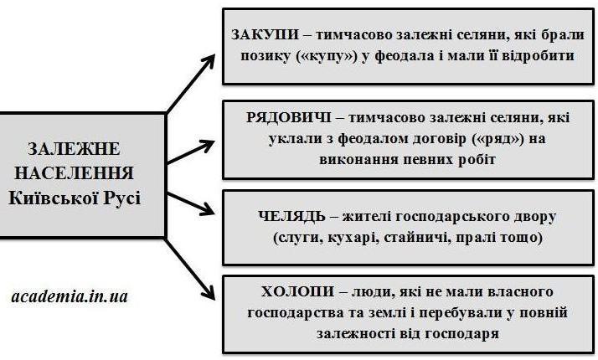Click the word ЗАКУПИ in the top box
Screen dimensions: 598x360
(x=265, y=34)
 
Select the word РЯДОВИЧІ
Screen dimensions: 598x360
(x=289, y=117)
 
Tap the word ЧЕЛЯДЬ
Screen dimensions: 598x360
(x=291, y=216)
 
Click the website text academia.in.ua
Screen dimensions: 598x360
(x=70, y=296)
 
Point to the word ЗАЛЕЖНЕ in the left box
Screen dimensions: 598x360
(x=74, y=149)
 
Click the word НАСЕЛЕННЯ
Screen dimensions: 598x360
(x=74, y=173)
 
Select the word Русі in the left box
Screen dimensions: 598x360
(x=122, y=198)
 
